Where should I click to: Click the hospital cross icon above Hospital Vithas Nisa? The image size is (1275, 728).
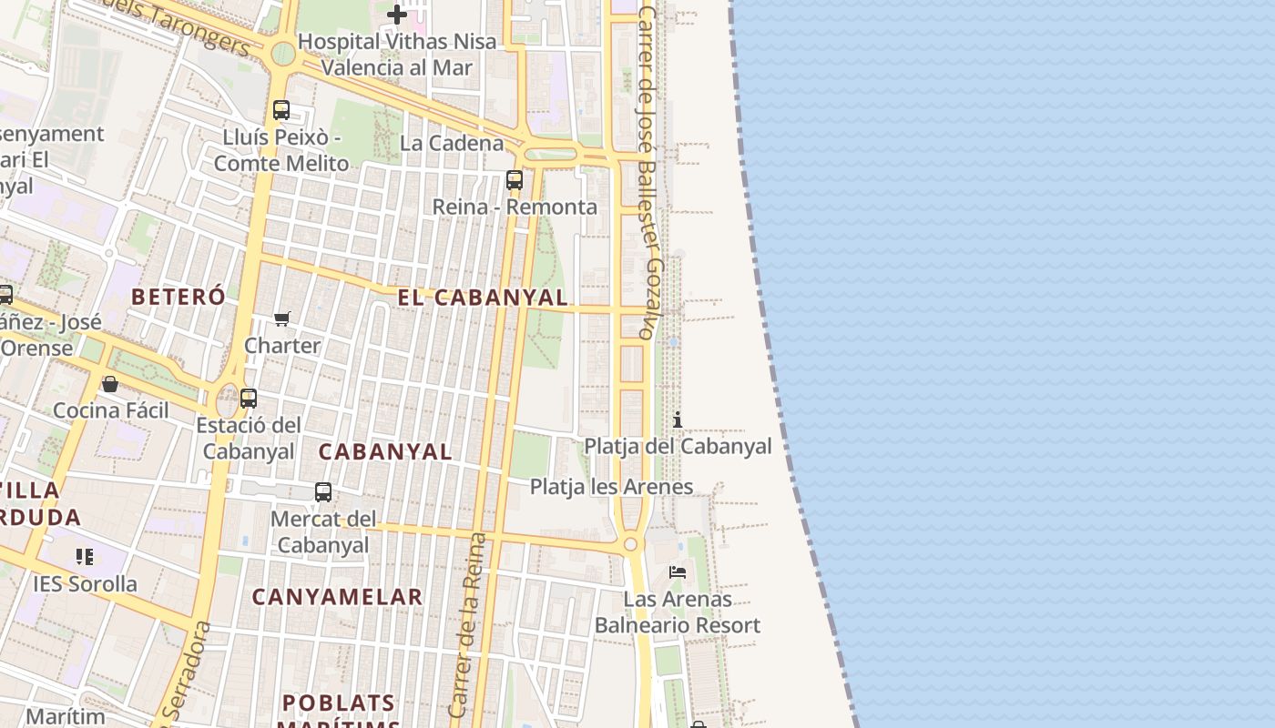(397, 15)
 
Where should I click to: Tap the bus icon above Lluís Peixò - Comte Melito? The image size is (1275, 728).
(281, 110)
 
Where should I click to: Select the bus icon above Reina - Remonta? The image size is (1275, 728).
(515, 180)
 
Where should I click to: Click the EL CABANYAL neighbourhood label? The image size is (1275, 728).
(483, 298)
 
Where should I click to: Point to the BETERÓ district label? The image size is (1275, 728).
(178, 297)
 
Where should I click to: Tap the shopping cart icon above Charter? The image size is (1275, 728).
(282, 319)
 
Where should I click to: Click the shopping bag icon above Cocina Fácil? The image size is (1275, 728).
(110, 384)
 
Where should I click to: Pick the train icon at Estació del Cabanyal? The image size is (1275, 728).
(249, 399)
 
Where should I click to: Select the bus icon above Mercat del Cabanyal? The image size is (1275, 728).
(323, 492)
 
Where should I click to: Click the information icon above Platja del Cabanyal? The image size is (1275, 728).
(678, 420)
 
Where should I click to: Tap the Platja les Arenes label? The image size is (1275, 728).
(611, 487)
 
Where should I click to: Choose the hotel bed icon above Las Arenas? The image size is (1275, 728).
(678, 572)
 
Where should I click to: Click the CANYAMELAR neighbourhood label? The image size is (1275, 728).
(337, 597)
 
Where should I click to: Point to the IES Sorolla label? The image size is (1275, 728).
(85, 583)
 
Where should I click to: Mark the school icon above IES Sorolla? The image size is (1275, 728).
(85, 556)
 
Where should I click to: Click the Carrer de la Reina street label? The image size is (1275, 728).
(467, 627)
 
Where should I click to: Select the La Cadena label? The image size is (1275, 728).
(452, 143)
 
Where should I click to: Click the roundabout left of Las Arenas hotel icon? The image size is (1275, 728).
(630, 544)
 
